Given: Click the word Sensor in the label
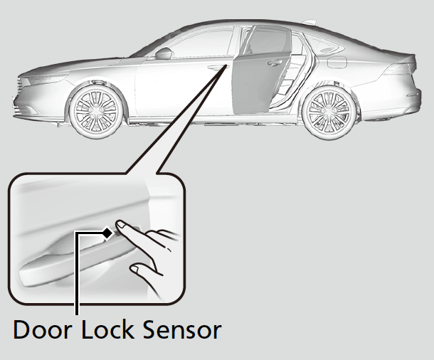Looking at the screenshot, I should point(180,331).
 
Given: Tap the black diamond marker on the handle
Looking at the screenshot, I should point(107,232).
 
